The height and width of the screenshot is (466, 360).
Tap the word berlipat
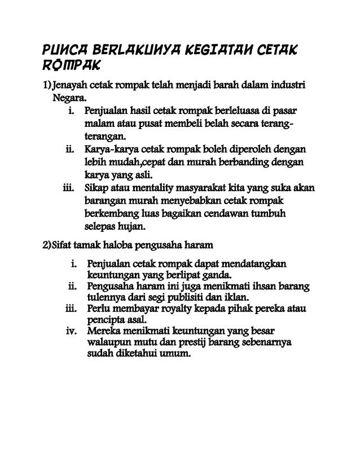click(x=178, y=275)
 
